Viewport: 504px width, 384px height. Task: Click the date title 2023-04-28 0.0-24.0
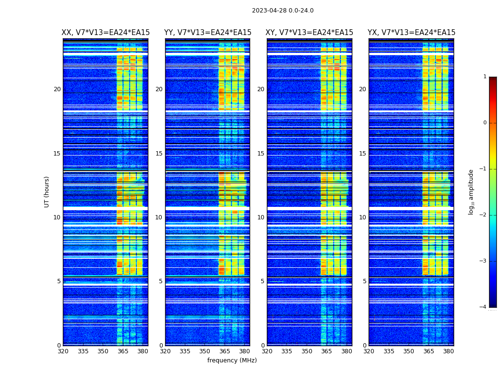coord(283,11)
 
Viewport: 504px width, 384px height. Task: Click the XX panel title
coord(106,33)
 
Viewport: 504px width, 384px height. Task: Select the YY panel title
coord(207,33)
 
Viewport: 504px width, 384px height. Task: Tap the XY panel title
coord(310,33)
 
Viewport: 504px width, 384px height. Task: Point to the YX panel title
coord(411,33)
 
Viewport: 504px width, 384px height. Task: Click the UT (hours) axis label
coord(47,192)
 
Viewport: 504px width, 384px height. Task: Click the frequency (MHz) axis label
coord(232,360)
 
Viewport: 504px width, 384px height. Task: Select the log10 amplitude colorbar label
coord(471,192)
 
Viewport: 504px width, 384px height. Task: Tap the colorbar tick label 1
coord(484,77)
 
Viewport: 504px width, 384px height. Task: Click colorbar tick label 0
coord(484,123)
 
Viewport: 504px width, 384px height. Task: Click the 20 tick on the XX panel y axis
coord(57,89)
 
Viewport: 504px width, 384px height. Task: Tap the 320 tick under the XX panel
coord(63,351)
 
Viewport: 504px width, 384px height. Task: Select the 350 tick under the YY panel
coord(205,351)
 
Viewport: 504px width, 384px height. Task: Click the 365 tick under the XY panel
coord(326,351)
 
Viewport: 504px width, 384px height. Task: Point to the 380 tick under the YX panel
coord(448,351)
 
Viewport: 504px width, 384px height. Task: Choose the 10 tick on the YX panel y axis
coord(362,217)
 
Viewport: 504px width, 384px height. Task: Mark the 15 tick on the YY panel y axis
coord(159,154)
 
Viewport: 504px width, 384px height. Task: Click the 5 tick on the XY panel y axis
coord(263,281)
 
